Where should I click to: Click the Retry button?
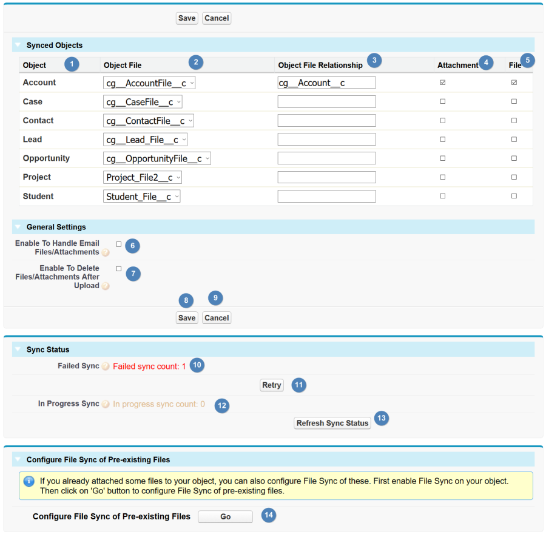point(272,385)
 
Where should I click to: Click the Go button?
point(225,517)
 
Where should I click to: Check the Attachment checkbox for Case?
point(443,101)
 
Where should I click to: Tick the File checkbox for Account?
point(514,83)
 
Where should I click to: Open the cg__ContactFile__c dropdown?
point(149,121)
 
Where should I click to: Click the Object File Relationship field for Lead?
point(326,140)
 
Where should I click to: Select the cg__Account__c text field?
point(326,83)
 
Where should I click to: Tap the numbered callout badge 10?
point(197,365)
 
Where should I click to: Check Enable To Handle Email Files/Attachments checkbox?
point(119,244)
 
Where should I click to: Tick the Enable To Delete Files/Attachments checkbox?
point(119,268)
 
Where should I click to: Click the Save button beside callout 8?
point(187,318)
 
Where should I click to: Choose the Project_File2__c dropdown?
point(143,177)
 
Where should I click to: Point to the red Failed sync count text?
point(149,366)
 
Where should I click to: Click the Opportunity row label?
point(46,158)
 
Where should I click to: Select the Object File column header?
point(123,65)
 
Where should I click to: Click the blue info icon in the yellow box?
point(29,481)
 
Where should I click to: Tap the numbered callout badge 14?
point(269,515)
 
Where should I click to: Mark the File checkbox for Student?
point(514,196)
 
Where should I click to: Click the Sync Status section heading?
point(48,350)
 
